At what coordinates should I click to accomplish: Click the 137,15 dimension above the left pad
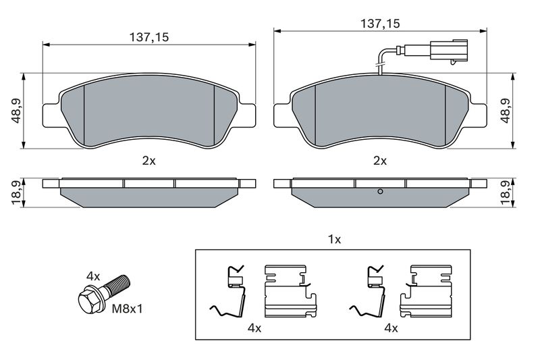(149, 37)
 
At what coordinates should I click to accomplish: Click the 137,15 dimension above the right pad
(380, 24)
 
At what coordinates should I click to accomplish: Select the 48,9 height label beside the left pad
(16, 111)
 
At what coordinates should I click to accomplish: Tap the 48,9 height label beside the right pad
(506, 111)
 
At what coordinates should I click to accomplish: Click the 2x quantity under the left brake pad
(148, 161)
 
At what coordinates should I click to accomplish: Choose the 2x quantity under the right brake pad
(380, 161)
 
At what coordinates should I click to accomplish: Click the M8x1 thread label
(127, 309)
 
